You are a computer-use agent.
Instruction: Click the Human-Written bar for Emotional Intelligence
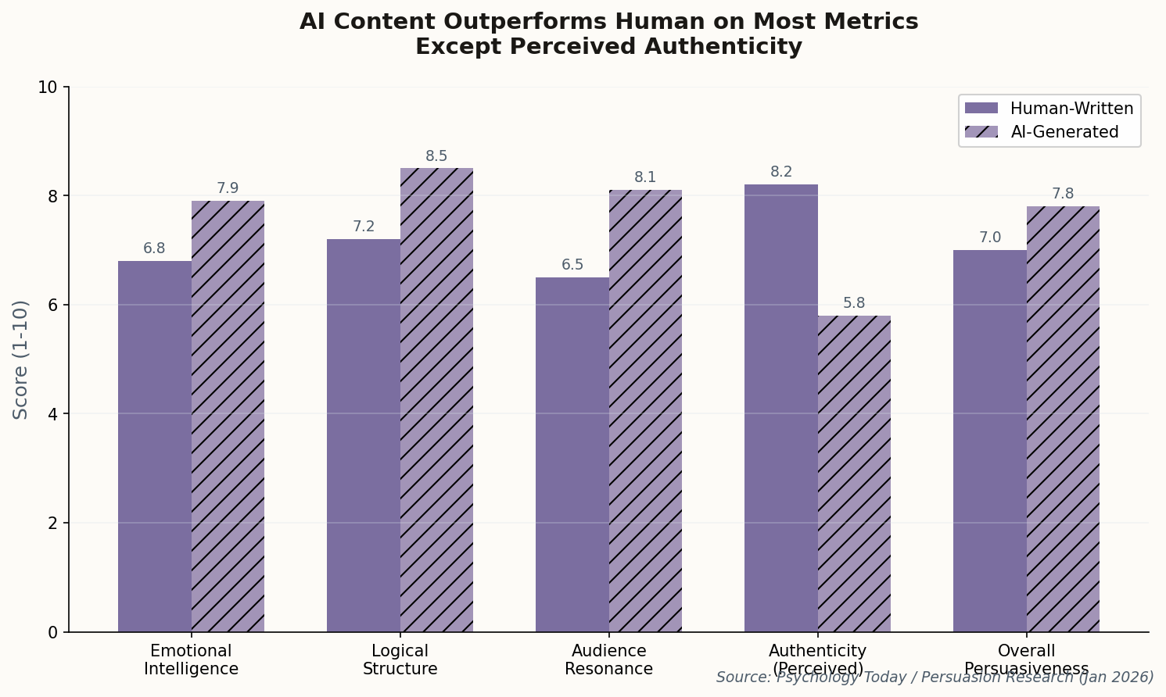[155, 446]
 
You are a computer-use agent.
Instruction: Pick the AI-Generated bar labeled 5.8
[854, 474]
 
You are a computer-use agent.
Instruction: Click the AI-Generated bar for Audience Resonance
[645, 411]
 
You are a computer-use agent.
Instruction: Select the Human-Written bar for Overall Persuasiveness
[989, 441]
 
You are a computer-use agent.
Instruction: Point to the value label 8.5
[436, 156]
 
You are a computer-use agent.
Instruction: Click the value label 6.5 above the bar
[572, 265]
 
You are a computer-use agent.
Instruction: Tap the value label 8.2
[781, 172]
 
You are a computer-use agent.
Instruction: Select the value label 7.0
[990, 238]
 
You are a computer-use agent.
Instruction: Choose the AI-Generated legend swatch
[981, 132]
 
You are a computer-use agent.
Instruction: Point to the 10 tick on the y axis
[48, 87]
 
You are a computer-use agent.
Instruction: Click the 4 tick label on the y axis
[53, 414]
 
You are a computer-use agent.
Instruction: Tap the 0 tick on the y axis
[53, 632]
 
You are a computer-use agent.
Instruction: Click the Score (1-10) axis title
[21, 359]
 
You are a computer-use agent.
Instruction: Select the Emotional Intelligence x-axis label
[191, 659]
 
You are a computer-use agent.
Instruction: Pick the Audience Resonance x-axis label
[608, 659]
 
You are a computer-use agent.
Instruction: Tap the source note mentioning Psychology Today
[935, 677]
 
